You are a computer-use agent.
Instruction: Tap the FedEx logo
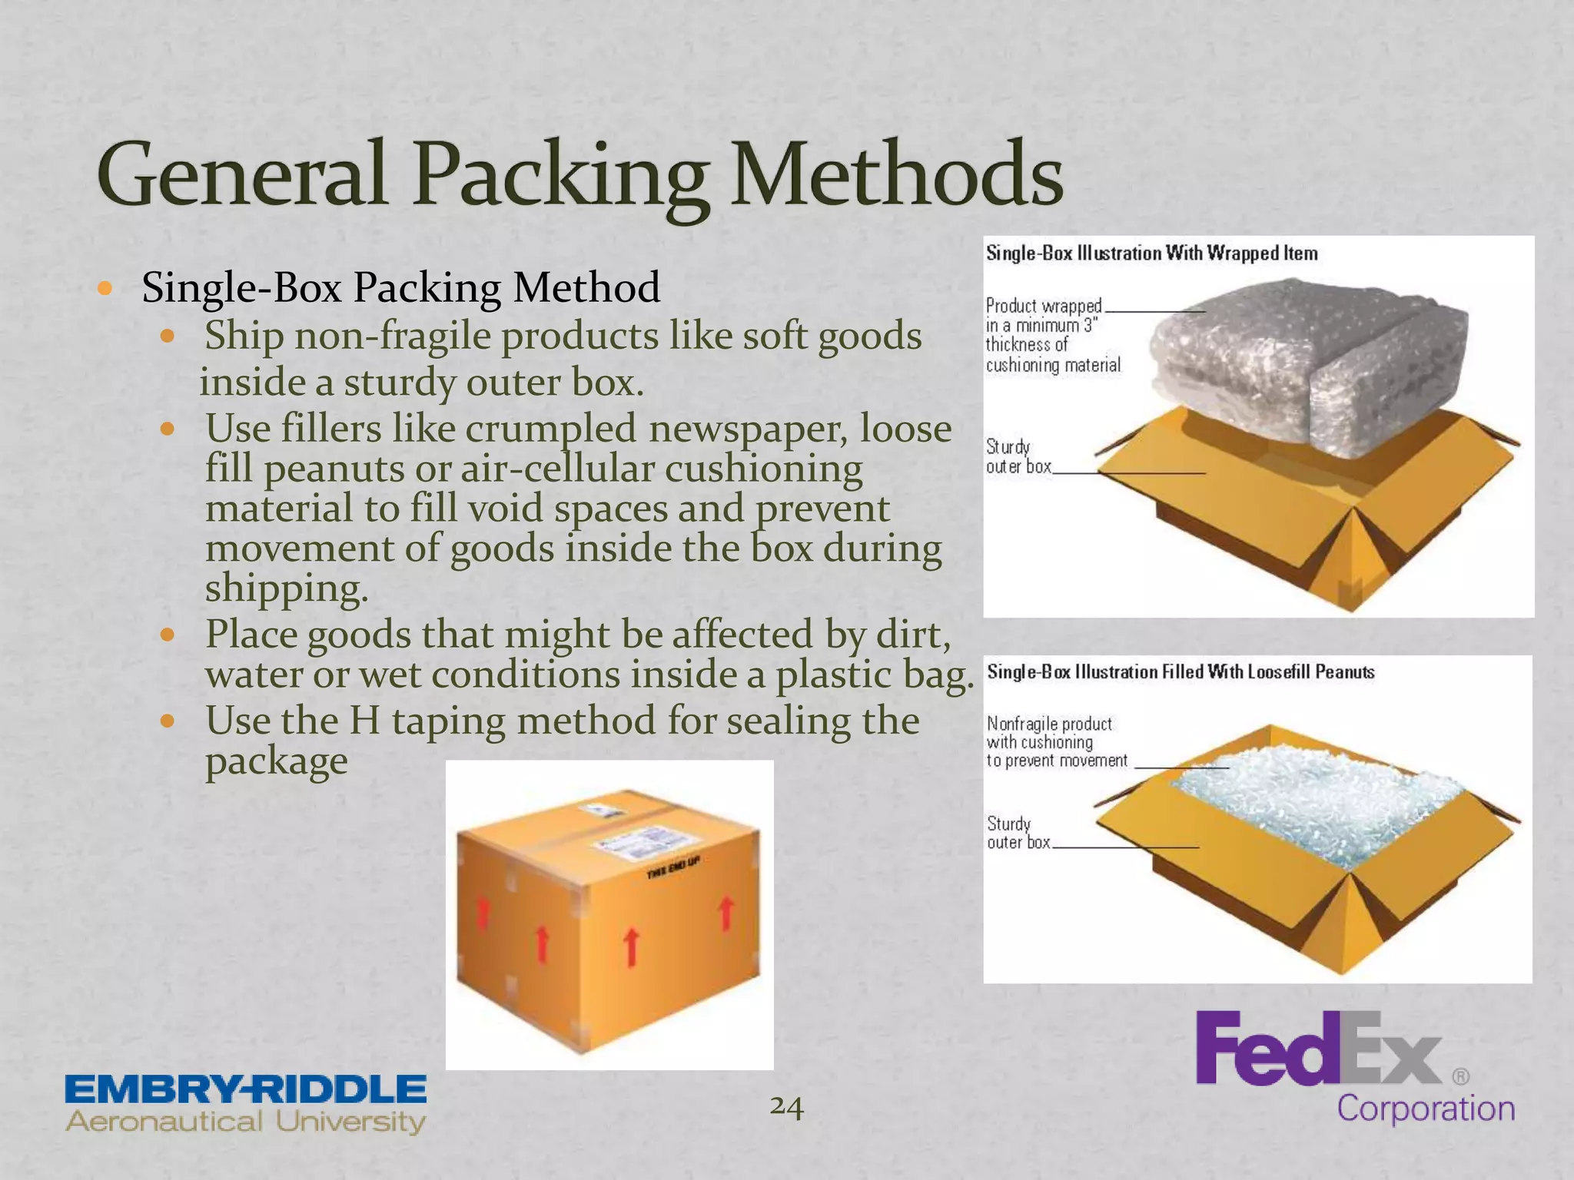coord(1317,1049)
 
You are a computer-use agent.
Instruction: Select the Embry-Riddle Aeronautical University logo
coord(246,1104)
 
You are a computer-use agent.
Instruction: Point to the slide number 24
coord(786,1106)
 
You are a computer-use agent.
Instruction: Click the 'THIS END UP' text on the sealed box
coord(672,868)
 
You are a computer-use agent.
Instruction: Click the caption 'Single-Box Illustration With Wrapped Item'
coord(1151,254)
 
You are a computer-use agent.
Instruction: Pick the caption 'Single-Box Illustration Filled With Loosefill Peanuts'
coord(1180,672)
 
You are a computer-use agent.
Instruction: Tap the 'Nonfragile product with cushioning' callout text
coord(1057,742)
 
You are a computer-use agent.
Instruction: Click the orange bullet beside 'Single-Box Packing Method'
coord(105,290)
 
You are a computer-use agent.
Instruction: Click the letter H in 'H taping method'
coord(364,721)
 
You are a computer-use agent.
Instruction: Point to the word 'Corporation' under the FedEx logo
coord(1426,1109)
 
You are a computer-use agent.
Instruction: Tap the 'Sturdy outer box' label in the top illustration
coord(1018,456)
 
